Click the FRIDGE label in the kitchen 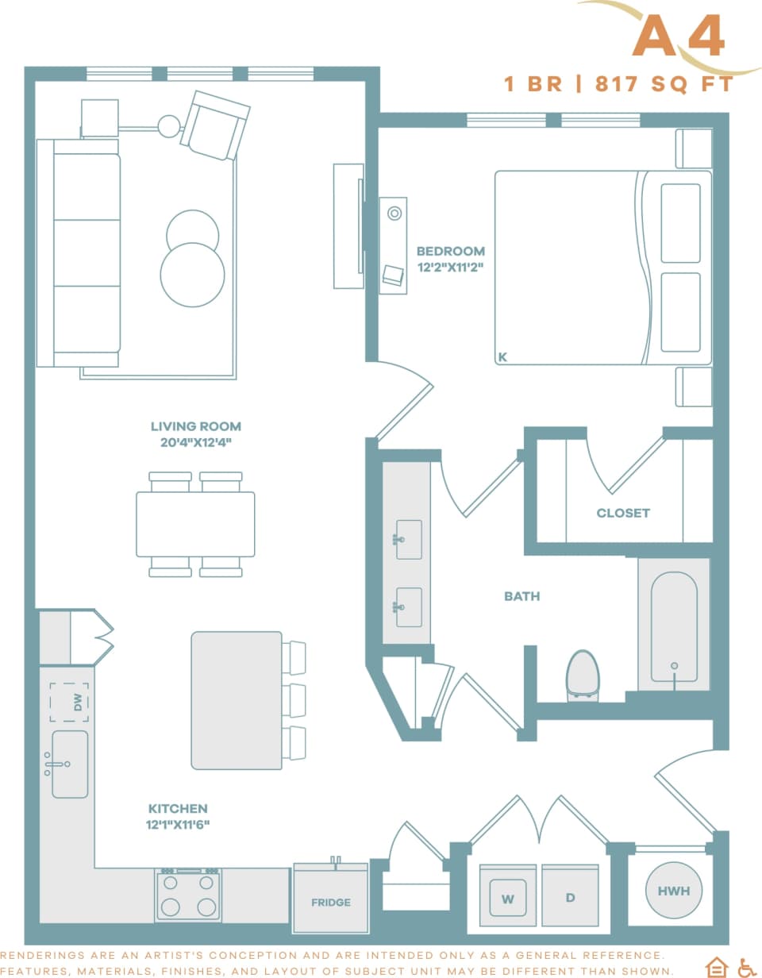[330, 902]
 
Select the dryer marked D [569, 898]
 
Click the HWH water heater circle [673, 891]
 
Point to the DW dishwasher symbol [69, 702]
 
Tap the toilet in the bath [583, 675]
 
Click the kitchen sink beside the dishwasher [70, 764]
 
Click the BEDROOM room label [450, 252]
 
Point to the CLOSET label [623, 513]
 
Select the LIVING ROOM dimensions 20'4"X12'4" [195, 442]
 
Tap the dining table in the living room [195, 524]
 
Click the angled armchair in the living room [214, 125]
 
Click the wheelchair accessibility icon [747, 967]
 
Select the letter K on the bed [502, 358]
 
